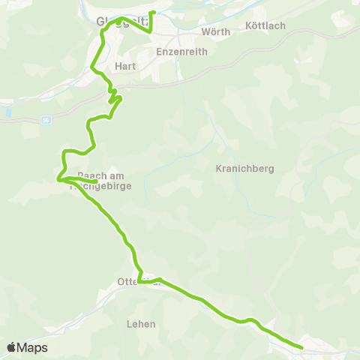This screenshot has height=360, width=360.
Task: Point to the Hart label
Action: coord(124,66)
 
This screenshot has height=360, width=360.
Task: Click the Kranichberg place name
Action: coord(240,167)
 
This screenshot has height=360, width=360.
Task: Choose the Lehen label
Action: coord(141,324)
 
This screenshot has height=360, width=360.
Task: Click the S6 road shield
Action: coord(46,120)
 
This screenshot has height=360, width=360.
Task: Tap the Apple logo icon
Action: coord(12,347)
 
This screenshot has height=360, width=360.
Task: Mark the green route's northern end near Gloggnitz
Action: coord(152,13)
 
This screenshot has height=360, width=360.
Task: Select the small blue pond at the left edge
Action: coord(7,112)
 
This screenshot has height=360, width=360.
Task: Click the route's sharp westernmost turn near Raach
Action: coord(58,178)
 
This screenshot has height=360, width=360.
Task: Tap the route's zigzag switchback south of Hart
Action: coord(114,97)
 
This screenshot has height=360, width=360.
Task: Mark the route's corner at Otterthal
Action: coord(140,283)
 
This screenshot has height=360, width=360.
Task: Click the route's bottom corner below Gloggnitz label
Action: coord(151,32)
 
